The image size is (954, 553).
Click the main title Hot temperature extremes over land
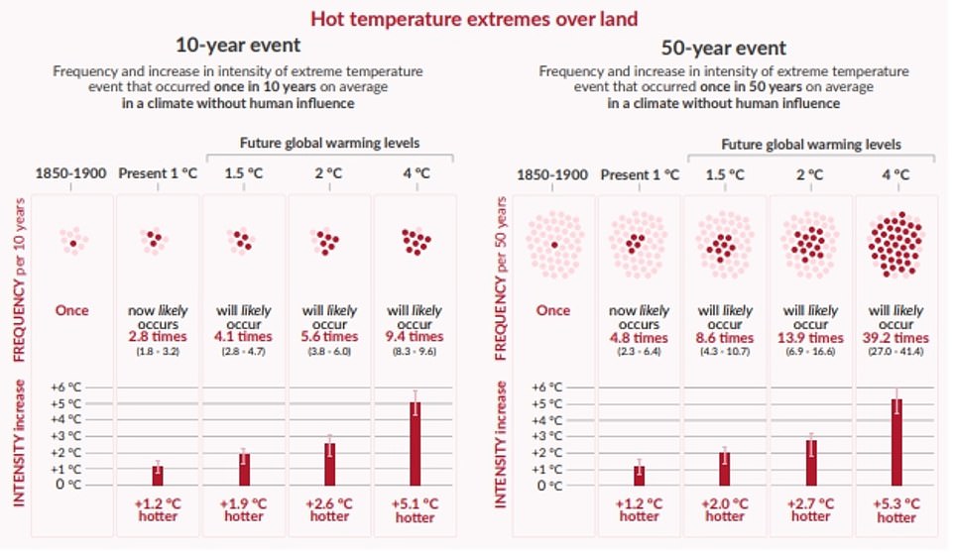point(474,18)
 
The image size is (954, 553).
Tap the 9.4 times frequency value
point(414,337)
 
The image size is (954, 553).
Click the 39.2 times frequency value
point(894,337)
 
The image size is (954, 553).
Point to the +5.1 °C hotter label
point(414,509)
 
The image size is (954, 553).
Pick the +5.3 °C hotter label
point(894,509)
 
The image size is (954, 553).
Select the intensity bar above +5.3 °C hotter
point(895,442)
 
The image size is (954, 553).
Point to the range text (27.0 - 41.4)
point(894,351)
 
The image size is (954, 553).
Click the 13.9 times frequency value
point(809,337)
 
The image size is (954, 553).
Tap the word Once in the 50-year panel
point(553,310)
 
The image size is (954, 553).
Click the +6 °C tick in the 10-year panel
point(64,387)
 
